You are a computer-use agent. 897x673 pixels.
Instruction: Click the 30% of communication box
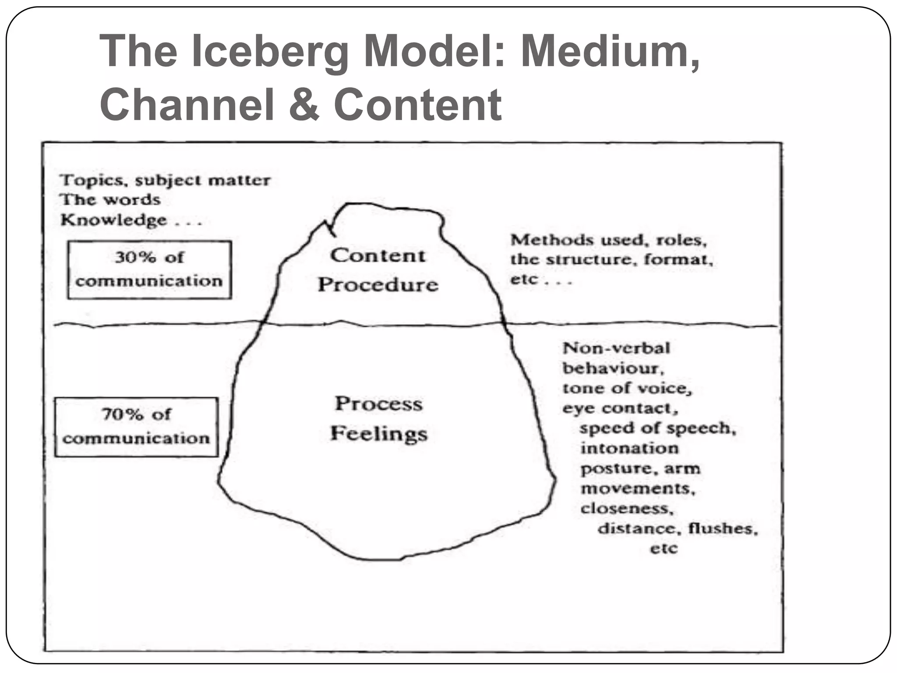pos(149,269)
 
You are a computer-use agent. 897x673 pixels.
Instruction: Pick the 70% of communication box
pos(136,427)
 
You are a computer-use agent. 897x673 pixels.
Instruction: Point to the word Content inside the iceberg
pos(378,255)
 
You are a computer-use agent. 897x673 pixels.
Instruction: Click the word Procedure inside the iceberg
pos(378,285)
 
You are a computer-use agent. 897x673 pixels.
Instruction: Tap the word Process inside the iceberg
pos(379,404)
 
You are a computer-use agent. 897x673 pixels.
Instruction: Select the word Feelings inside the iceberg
pos(379,434)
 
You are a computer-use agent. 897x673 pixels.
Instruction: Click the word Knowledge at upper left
pos(114,220)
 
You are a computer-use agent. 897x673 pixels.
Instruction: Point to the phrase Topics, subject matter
pos(165,180)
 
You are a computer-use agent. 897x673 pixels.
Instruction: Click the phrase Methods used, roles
pos(608,240)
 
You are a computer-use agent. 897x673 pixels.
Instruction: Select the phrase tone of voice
pos(627,388)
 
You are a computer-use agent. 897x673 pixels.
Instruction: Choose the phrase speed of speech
pos(657,428)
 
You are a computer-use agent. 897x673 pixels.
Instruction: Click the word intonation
pos(629,448)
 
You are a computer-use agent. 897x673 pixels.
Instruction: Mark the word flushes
pos(723,528)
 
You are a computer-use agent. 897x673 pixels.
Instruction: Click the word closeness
pos(627,508)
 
